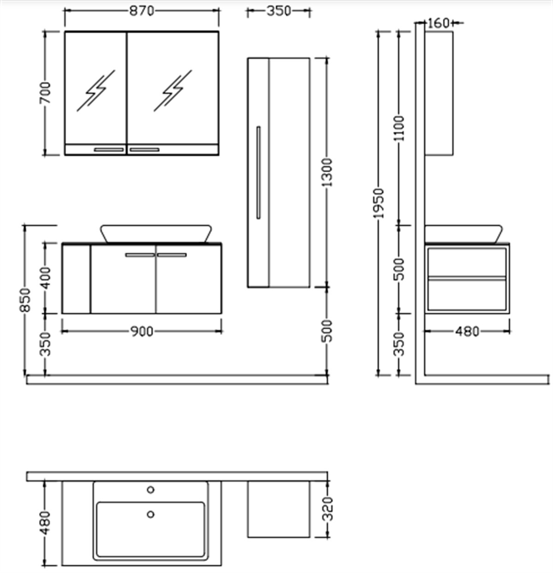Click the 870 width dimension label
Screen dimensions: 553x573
142,11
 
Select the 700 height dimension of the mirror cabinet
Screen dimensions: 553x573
45,93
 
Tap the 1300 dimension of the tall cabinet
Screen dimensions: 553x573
327,172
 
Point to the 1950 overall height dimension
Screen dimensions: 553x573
379,204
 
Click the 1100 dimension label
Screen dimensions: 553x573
399,128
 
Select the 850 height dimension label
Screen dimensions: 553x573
25,300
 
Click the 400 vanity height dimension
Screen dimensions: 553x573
45,278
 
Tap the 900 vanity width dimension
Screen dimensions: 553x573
142,332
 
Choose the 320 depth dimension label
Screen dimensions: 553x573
327,509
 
